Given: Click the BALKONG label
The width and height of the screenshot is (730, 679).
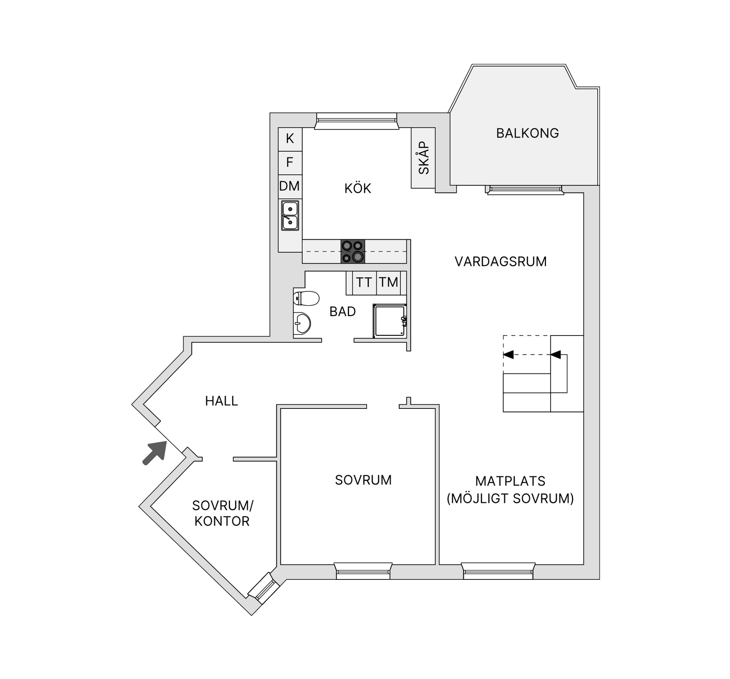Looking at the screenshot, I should (527, 133).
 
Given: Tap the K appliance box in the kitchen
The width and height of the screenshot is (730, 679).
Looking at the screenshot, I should (290, 139).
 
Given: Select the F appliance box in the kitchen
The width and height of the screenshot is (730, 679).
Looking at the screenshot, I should (290, 163).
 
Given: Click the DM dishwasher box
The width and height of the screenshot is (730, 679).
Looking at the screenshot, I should (290, 186).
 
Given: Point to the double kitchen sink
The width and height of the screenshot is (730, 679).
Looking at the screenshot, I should (290, 215).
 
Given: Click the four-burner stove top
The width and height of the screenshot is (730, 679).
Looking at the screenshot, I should (352, 251).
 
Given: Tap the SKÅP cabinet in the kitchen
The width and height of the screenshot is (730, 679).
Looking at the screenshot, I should (423, 158).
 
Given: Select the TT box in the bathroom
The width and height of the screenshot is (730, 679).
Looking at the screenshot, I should (364, 283).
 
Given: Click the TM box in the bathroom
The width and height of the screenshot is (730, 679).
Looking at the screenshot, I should (388, 283).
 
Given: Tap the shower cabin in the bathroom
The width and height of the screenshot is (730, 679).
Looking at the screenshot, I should (389, 321).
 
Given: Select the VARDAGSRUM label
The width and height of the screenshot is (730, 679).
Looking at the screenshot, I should (500, 261).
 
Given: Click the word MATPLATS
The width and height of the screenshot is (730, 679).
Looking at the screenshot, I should (510, 481).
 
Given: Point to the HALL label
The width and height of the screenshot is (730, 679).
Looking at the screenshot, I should (221, 401).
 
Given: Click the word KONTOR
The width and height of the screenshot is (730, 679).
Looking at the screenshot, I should (222, 521).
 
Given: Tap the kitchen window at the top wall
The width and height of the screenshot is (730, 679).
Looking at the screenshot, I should (356, 121).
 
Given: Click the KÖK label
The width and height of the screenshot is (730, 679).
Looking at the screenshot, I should (357, 188).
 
